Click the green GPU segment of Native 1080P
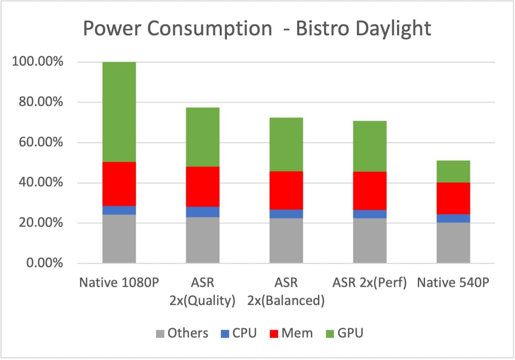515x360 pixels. click(x=119, y=112)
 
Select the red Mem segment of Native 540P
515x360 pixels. click(x=453, y=198)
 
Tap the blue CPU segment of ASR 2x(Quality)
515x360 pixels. click(x=202, y=212)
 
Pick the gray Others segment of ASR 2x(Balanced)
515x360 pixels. click(x=286, y=240)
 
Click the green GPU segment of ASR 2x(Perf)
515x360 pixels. click(x=370, y=146)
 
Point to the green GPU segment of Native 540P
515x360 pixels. click(x=453, y=172)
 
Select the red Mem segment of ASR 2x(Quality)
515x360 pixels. click(x=202, y=186)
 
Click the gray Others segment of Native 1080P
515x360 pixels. click(x=119, y=239)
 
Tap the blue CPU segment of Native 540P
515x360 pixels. click(x=453, y=218)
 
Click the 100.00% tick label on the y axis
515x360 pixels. click(x=37, y=62)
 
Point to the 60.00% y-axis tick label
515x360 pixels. click(x=40, y=142)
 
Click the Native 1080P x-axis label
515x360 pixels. click(x=119, y=283)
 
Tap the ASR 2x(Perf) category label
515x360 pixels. click(x=370, y=283)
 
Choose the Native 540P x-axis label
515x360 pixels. click(x=453, y=283)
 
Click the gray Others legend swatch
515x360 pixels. click(x=160, y=334)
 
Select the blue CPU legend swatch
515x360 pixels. click(x=225, y=334)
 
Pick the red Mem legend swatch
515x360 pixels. click(x=274, y=334)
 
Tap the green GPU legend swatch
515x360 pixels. click(x=330, y=334)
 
